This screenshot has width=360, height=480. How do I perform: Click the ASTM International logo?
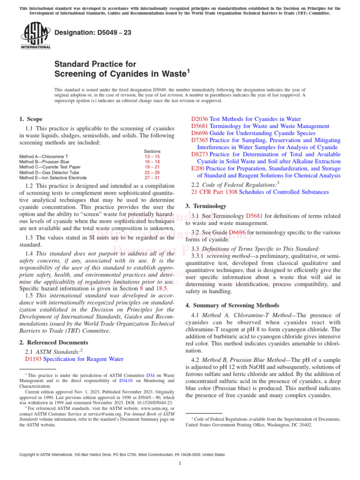coord(35,37)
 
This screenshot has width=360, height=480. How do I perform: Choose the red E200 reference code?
coord(198,168)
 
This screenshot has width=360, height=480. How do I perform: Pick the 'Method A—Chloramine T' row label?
coord(44,156)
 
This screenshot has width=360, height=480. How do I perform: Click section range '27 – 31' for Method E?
coord(152,178)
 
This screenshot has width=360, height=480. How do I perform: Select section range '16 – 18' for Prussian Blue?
coord(152,162)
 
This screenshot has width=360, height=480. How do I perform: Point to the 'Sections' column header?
coord(152,151)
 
